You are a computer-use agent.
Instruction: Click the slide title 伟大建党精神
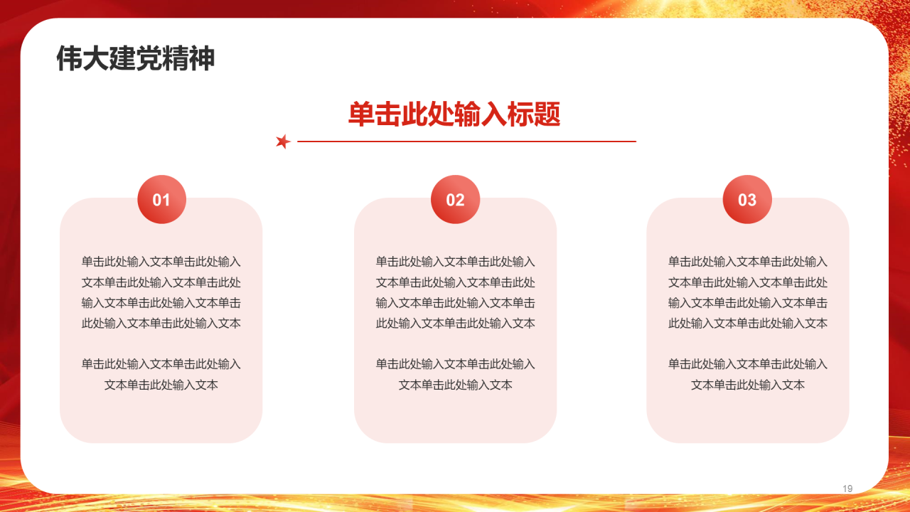(135, 59)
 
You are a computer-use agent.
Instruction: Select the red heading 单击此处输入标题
(454, 114)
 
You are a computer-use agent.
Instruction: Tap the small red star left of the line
(283, 142)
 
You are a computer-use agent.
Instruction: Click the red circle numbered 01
(161, 199)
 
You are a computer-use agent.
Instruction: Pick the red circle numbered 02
(455, 199)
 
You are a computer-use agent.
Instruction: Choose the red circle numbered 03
(747, 199)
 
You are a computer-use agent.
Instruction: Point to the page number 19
(847, 489)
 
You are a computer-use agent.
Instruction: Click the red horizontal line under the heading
(466, 142)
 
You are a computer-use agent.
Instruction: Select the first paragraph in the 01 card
(161, 292)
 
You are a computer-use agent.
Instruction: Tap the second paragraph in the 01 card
(161, 374)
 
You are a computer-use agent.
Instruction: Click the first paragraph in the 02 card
(455, 292)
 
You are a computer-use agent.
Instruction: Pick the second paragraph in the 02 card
(455, 374)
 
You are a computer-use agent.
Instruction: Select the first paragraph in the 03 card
(747, 292)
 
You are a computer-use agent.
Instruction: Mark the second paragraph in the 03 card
(747, 374)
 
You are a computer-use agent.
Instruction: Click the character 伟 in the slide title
(69, 59)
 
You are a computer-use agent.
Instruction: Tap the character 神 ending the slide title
(202, 59)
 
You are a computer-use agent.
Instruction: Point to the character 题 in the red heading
(547, 114)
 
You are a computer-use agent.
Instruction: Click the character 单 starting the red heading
(361, 114)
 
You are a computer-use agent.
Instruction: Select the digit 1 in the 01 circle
(166, 200)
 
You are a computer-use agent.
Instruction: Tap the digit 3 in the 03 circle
(752, 200)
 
